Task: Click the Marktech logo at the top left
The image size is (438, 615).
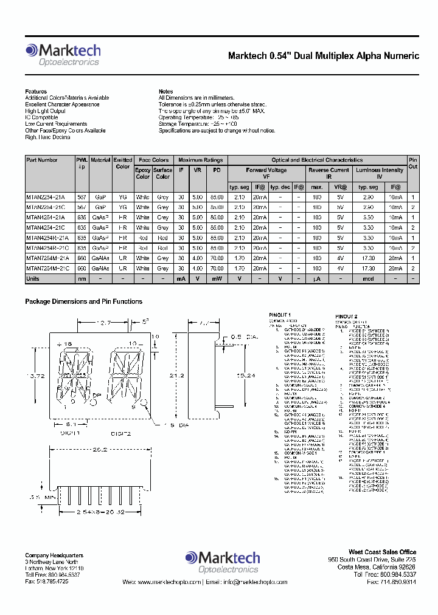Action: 63,53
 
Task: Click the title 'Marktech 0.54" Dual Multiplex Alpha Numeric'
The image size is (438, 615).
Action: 323,56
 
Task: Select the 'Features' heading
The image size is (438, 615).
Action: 36,92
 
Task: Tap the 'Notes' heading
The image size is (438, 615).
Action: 165,92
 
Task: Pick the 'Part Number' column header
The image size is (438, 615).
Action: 42,160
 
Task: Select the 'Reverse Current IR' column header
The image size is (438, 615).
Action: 328,174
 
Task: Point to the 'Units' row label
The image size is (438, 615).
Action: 33,278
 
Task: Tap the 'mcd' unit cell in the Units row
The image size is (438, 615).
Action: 368,278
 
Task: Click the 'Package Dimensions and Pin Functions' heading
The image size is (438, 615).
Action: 83,301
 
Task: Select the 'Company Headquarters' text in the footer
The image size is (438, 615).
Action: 54,555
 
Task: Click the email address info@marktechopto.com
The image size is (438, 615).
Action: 247,582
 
